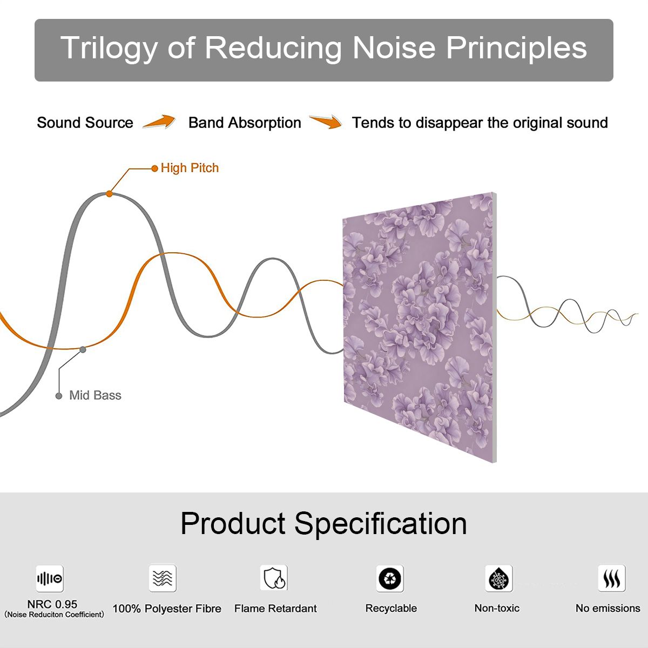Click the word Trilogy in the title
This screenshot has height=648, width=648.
click(109, 49)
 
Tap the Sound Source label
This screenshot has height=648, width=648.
click(85, 123)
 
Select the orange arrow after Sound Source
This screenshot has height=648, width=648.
click(159, 122)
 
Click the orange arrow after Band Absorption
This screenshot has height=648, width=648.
click(326, 122)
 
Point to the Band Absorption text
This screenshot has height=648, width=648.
click(245, 123)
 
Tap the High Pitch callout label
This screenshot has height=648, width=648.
click(190, 168)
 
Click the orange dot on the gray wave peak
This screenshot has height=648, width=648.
click(109, 194)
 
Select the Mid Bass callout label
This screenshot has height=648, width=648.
click(95, 395)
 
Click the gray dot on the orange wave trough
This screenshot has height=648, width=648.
click(83, 350)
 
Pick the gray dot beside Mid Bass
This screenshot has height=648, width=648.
click(59, 396)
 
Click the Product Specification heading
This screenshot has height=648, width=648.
click(324, 523)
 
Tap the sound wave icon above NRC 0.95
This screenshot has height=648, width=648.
click(50, 578)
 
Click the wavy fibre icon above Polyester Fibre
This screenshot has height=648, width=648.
click(163, 578)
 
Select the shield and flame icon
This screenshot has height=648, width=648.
click(274, 578)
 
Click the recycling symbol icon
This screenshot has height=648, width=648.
click(390, 578)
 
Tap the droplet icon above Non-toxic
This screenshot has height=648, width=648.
click(499, 578)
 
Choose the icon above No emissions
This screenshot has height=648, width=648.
click(612, 578)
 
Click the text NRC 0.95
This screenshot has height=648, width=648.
click(52, 604)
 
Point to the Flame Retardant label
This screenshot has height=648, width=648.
click(275, 609)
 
